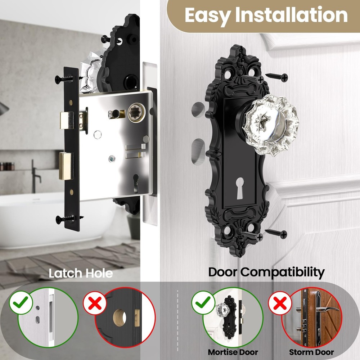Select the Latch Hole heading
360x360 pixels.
tap(81, 273)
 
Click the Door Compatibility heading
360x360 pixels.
tap(266, 272)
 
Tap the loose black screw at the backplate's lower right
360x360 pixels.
tap(276, 234)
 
